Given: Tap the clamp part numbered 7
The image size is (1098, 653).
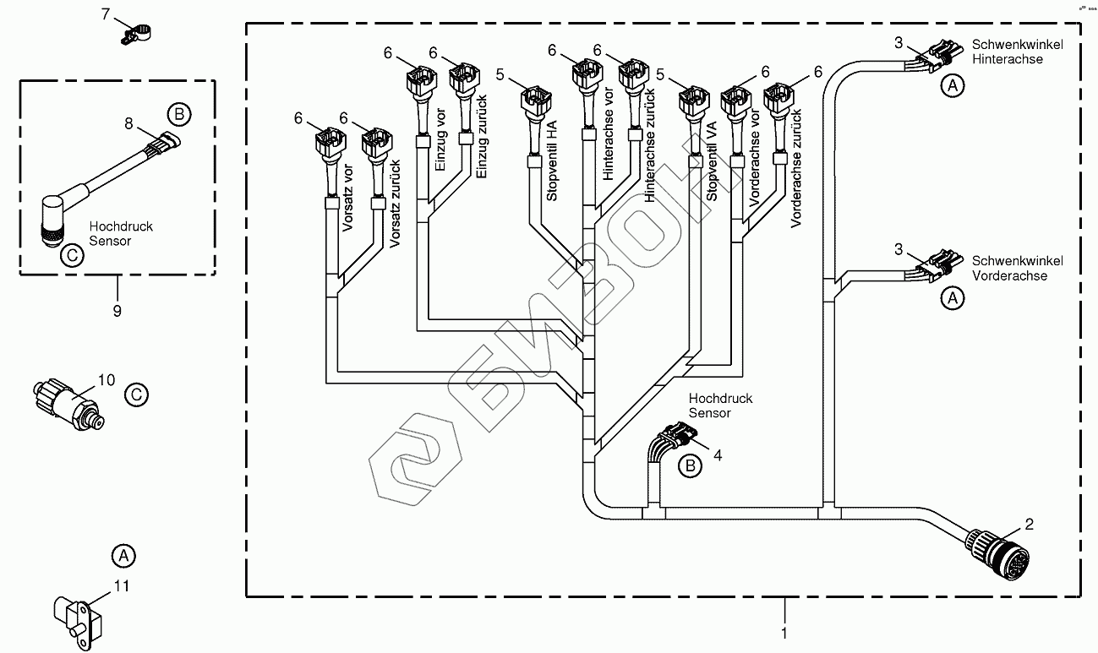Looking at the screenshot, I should point(138,34).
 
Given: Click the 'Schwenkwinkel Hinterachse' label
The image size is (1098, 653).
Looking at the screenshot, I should point(1018,52).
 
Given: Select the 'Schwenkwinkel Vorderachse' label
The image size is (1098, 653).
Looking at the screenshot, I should point(1018,268).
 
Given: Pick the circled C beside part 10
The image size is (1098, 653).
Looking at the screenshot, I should point(135,395).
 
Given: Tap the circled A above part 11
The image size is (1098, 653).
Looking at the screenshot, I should point(123,556).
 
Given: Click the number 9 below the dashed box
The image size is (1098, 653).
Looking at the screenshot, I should point(117,311).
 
